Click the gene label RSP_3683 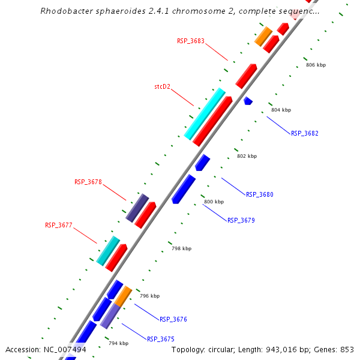point(190,41)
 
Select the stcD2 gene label point(162,86)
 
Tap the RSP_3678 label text point(88,182)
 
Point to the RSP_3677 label point(58,226)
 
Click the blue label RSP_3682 point(305,133)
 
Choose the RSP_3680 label point(259,194)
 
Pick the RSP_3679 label point(241,220)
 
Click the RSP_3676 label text point(173,319)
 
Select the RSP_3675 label point(160,339)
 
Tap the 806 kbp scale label point(316,65)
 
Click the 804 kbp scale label point(281,110)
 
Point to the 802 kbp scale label point(247,156)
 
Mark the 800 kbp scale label point(214,202)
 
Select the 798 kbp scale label point(181,248)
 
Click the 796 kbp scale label point(149,296)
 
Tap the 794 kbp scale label point(118,343)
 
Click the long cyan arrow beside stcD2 point(205,113)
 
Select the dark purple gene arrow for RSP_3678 point(137,208)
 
